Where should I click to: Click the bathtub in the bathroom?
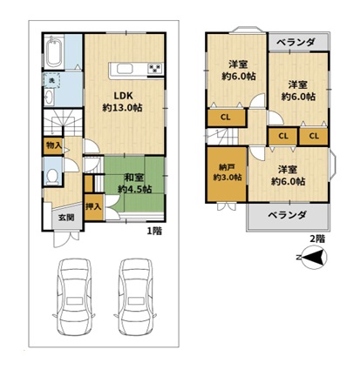[x=54, y=51]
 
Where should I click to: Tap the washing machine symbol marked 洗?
[x=51, y=80]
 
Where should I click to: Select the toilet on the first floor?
[x=52, y=176]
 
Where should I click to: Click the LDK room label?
[x=123, y=96]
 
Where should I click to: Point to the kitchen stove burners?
[x=155, y=69]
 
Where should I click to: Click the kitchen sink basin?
[x=125, y=69]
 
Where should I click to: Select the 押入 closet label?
[x=93, y=206]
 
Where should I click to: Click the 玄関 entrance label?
[x=66, y=218]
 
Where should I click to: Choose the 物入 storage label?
[x=54, y=145]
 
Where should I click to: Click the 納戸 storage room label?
[x=227, y=167]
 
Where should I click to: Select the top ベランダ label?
[x=295, y=43]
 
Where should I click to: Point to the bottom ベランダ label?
[x=287, y=215]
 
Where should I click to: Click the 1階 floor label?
[x=154, y=232]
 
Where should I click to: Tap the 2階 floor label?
[x=317, y=239]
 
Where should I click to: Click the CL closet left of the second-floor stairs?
[x=226, y=118]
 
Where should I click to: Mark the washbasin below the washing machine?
[x=49, y=97]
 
